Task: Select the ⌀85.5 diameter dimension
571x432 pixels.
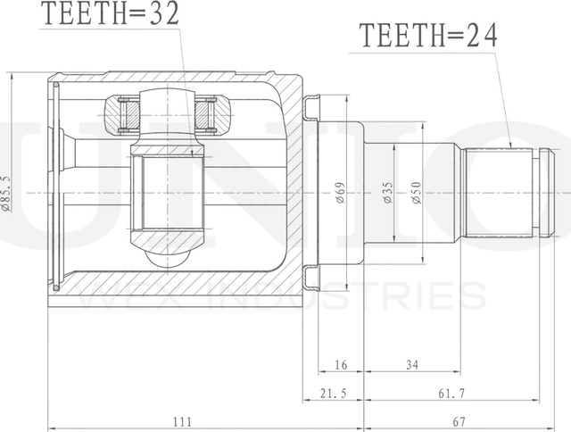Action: pos(7,192)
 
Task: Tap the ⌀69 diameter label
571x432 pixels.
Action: pos(340,193)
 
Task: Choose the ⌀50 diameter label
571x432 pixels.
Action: pos(416,193)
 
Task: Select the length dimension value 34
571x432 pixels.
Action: pos(412,365)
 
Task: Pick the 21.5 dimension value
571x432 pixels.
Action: pos(326,393)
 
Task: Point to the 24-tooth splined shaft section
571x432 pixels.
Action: pos(499,191)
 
